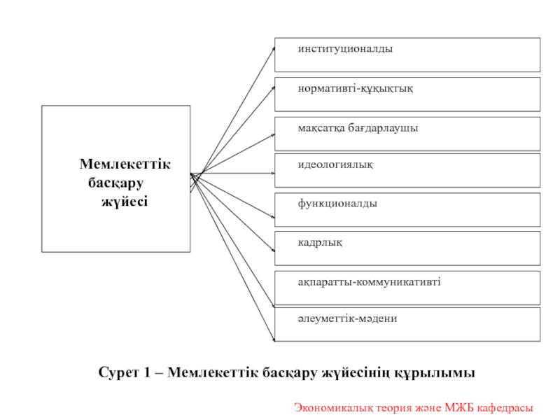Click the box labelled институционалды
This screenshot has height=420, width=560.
point(407,55)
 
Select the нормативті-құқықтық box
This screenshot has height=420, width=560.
point(407,94)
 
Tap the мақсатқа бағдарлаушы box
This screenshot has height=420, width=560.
point(407,133)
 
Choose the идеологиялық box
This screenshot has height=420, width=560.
point(407,170)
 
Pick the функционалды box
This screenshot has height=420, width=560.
point(407,209)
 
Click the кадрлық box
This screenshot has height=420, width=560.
point(407,248)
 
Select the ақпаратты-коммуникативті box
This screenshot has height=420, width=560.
point(407,287)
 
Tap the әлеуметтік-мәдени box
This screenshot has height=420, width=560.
point(407,323)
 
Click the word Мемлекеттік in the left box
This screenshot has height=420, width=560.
point(125,164)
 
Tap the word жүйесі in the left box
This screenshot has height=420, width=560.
point(125,202)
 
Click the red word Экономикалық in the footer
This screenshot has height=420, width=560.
point(328,407)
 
